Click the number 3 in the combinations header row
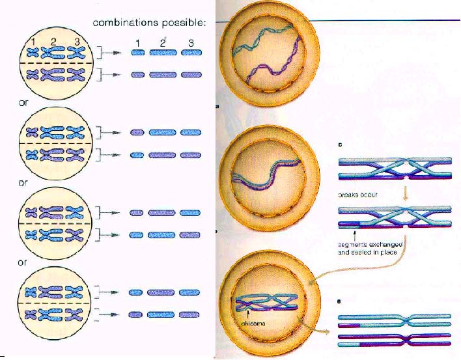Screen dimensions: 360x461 point(190,43)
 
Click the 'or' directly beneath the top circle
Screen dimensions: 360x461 point(23,102)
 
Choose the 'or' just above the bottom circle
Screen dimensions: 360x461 point(23,262)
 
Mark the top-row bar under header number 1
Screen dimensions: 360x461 point(137,54)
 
